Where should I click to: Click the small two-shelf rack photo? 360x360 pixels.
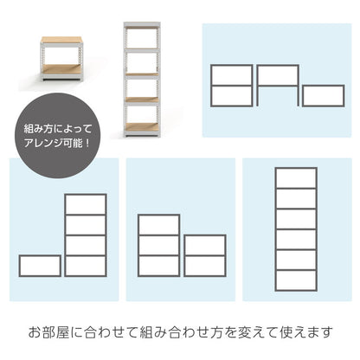pyautogui.click(x=61, y=58)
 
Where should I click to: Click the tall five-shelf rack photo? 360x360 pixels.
pyautogui.click(x=142, y=79)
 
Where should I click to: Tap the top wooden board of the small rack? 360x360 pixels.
pyautogui.click(x=61, y=40)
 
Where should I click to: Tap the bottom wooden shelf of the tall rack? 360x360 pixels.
pyautogui.click(x=142, y=127)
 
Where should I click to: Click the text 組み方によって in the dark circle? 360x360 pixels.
pyautogui.click(x=58, y=129)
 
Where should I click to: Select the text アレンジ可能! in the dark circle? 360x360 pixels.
pyautogui.click(x=57, y=143)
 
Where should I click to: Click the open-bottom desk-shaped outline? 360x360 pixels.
pyautogui.click(x=278, y=67)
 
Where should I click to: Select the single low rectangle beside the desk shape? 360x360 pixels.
pyautogui.click(x=324, y=95)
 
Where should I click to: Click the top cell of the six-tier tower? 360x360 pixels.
pyautogui.click(x=296, y=178)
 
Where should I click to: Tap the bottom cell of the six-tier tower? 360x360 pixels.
pyautogui.click(x=296, y=280)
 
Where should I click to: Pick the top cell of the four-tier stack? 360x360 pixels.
pyautogui.click(x=86, y=204)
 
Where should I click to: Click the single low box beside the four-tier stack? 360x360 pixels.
pyautogui.click(x=40, y=266)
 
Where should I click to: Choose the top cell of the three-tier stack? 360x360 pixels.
pyautogui.click(x=159, y=225)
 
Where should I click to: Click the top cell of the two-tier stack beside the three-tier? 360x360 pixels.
pyautogui.click(x=205, y=246)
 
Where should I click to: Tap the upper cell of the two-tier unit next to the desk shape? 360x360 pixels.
pyautogui.click(x=232, y=75)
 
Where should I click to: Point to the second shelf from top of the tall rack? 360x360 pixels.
pyautogui.click(x=142, y=50)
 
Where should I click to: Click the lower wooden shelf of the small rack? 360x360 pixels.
pyautogui.click(x=61, y=68)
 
